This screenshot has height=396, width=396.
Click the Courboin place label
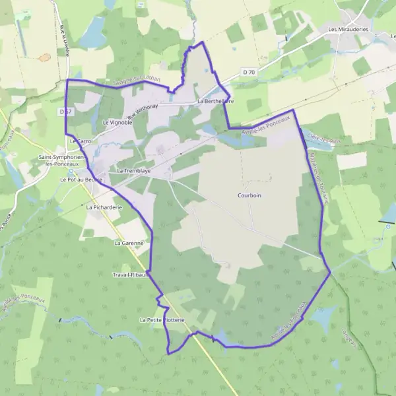[x=249, y=195]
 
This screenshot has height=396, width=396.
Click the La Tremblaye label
[x=133, y=171]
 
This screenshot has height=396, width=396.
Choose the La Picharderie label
[x=105, y=207]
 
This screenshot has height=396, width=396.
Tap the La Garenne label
[x=129, y=243]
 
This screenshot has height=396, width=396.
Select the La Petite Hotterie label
[x=162, y=319]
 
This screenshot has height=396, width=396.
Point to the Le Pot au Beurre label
[x=81, y=180]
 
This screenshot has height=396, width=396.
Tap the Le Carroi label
[x=82, y=141]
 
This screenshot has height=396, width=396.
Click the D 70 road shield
[x=248, y=71]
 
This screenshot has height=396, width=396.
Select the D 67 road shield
[x=65, y=112]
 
